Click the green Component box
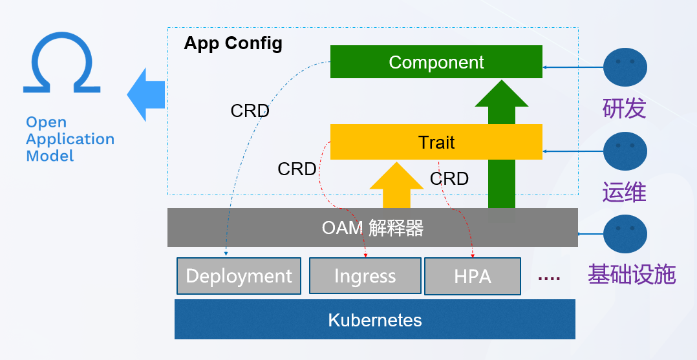[436, 62]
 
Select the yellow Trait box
[436, 142]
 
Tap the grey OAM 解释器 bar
[372, 228]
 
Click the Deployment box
[239, 276]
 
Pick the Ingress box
[365, 276]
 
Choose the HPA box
[472, 276]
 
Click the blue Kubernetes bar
[374, 319]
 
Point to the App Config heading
[233, 43]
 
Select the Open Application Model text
[70, 139]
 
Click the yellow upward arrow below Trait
[396, 185]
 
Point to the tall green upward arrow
[502, 142]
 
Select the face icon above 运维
[625, 151]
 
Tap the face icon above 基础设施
[625, 234]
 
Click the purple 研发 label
[624, 109]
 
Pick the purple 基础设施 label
[631, 275]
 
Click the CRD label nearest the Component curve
[250, 111]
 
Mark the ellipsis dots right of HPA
[549, 277]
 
